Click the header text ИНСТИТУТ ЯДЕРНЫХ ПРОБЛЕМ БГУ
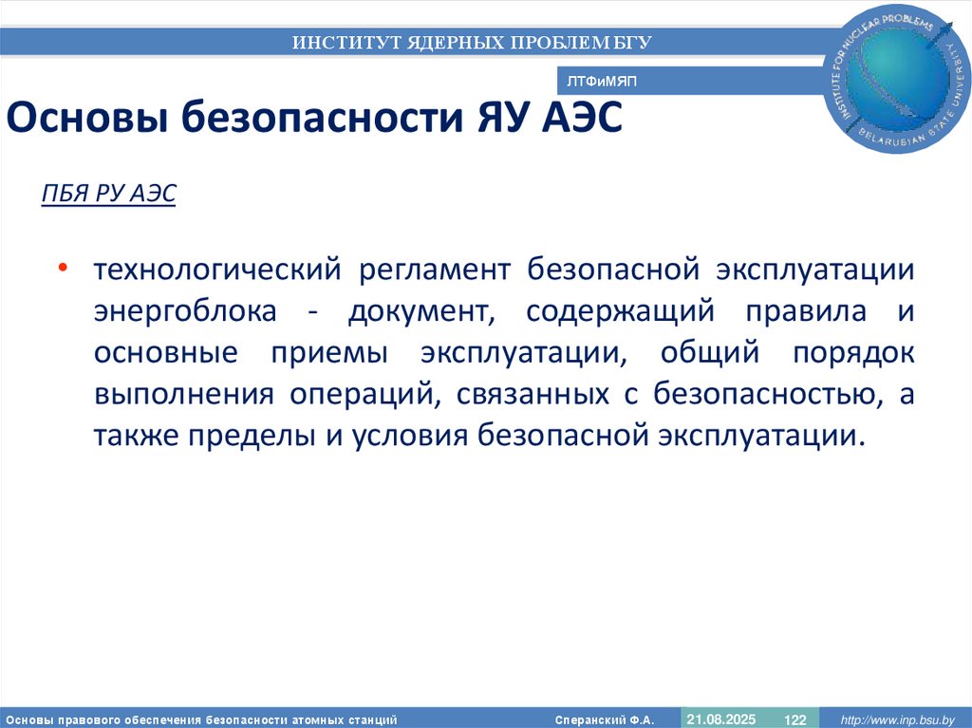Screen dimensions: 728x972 (x=472, y=42)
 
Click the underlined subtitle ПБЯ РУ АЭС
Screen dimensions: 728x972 (x=109, y=195)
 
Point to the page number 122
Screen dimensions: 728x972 (x=793, y=719)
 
